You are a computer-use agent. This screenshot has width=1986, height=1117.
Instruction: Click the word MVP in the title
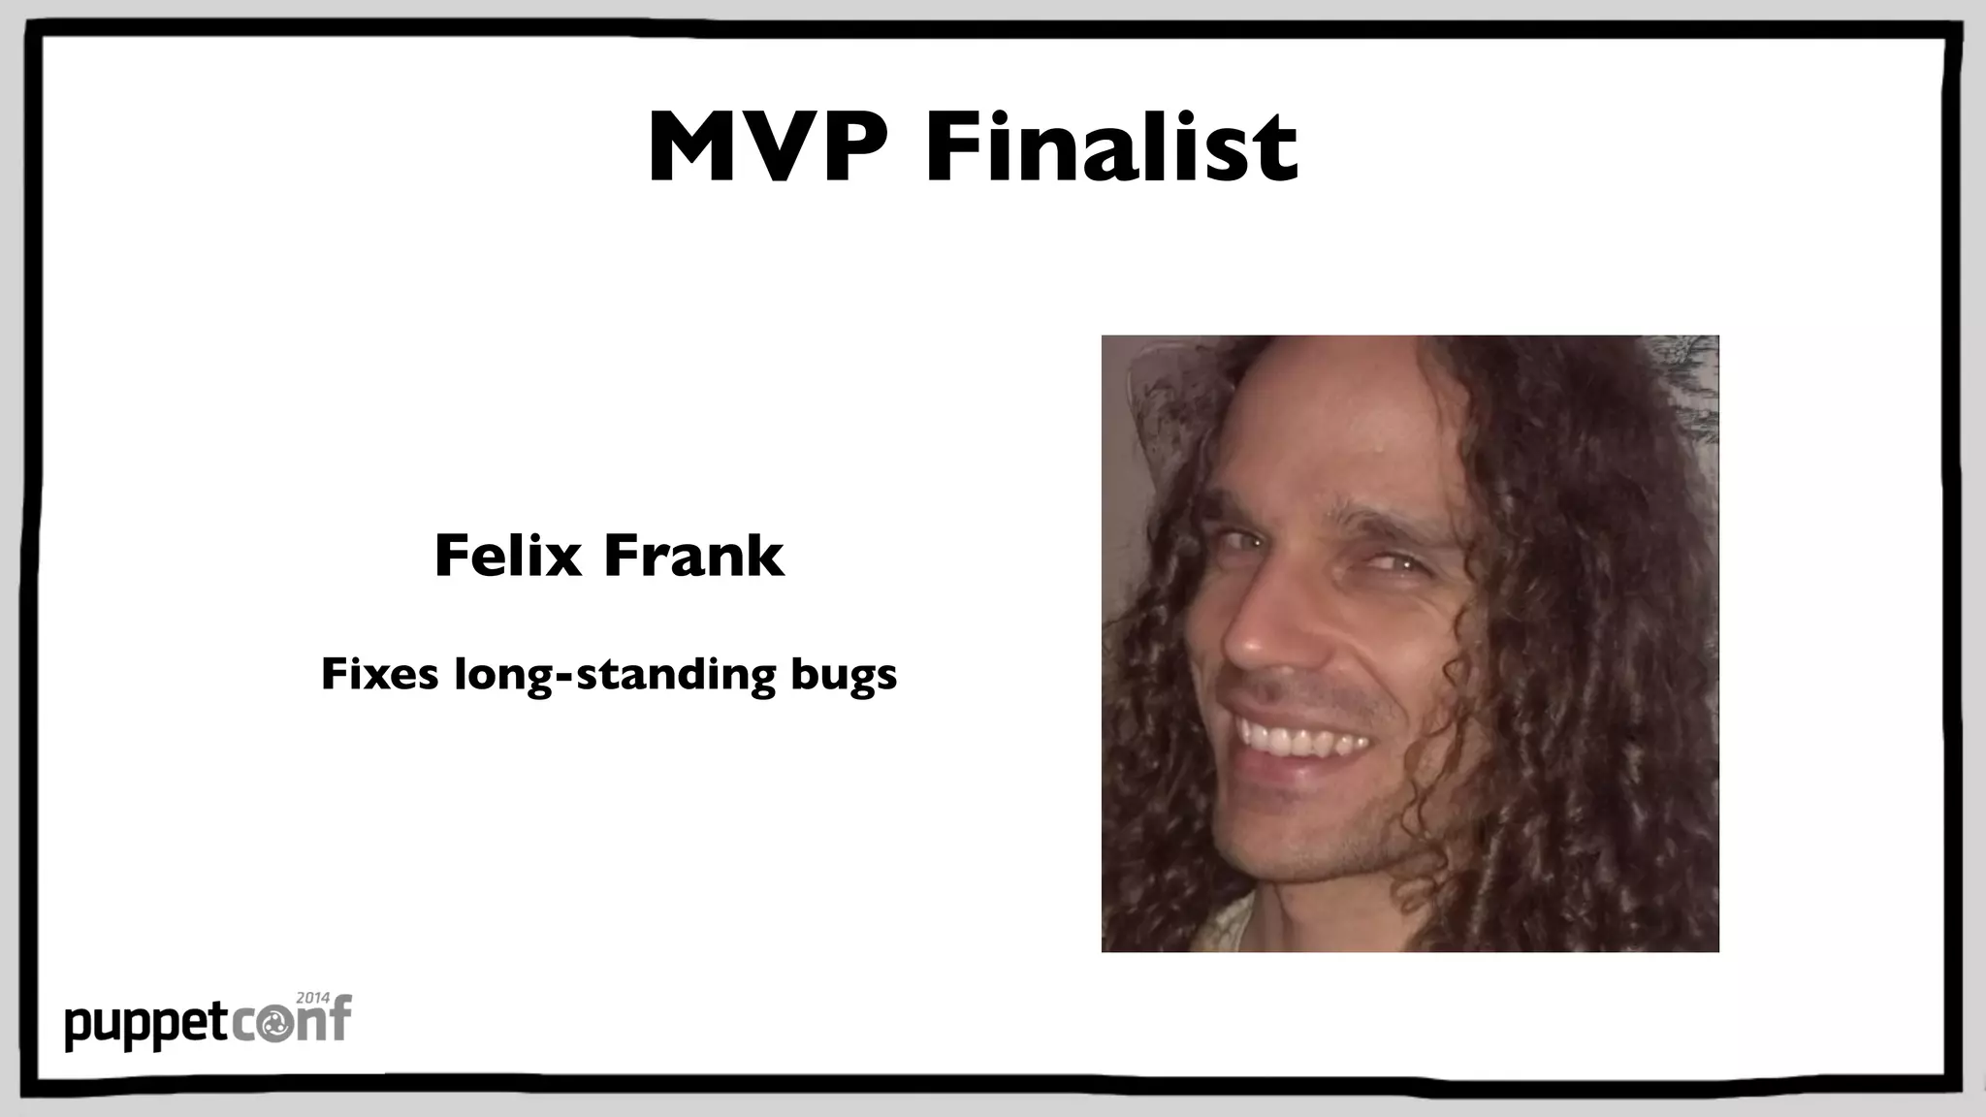(766, 147)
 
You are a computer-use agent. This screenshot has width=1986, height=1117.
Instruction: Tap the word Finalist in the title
(1111, 147)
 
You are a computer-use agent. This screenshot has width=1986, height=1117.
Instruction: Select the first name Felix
(507, 556)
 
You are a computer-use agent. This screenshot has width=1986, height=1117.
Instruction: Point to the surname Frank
(692, 556)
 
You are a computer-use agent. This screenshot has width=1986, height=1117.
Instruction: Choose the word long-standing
(615, 676)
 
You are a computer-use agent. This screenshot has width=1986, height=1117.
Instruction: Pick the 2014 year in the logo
(312, 998)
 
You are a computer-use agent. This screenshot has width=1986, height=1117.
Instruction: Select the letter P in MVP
(853, 147)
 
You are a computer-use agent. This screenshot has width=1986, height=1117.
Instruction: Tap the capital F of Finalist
(952, 147)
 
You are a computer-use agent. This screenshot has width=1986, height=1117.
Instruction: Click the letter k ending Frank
(765, 556)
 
